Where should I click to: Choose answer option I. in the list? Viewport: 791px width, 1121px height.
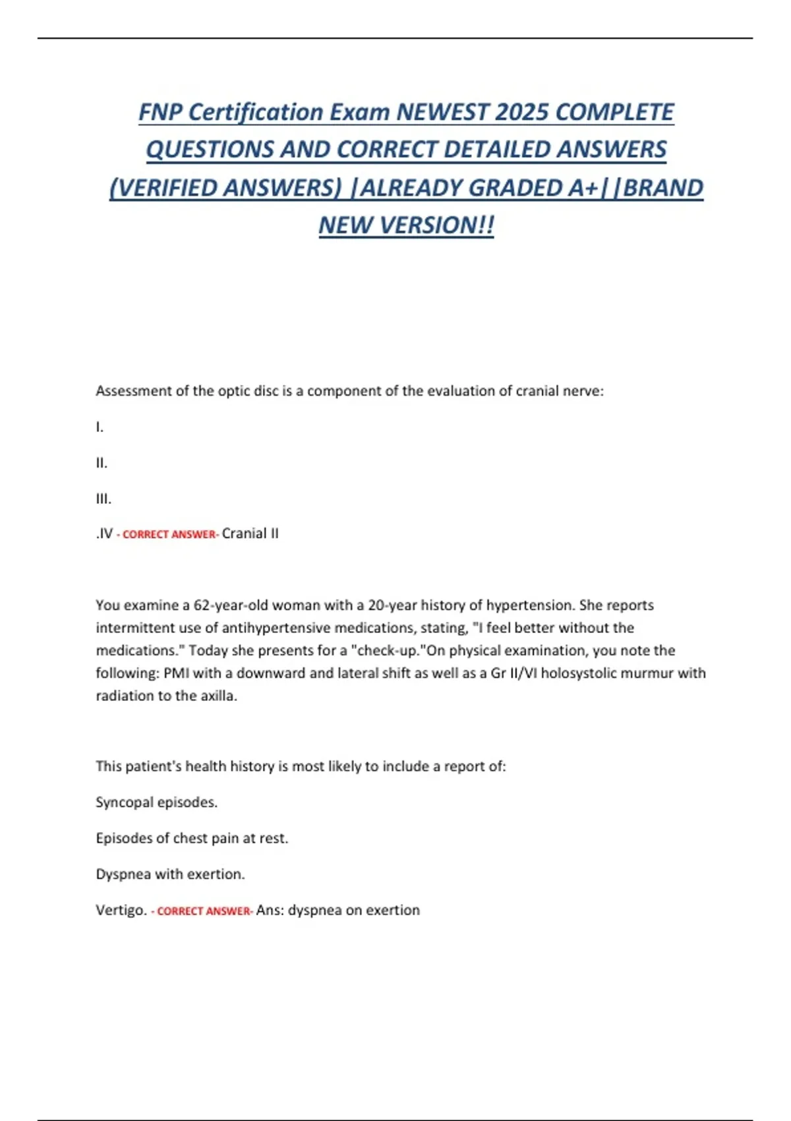tap(100, 427)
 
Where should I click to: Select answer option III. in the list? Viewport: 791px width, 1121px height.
tap(103, 499)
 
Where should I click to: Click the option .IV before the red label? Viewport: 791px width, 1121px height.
tap(105, 533)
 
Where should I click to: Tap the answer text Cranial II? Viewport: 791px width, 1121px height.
tap(250, 533)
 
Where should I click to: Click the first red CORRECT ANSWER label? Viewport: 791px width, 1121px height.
tap(169, 535)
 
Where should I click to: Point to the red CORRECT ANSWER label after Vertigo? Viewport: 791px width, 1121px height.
tap(204, 911)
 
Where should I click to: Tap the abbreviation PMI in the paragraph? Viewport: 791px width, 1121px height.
tap(176, 673)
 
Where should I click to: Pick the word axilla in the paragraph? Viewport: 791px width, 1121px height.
tap(218, 696)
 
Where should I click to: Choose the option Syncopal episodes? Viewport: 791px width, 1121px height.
tap(156, 803)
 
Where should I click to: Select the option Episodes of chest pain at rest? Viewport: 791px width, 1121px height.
tap(192, 838)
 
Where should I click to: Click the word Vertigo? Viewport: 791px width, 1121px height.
tap(121, 910)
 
